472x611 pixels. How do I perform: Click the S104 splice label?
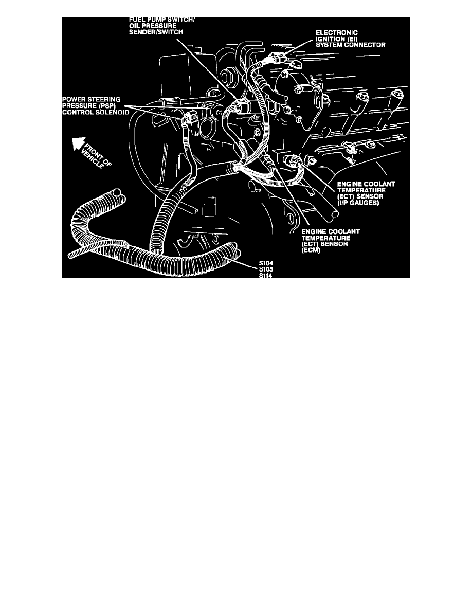coord(265,264)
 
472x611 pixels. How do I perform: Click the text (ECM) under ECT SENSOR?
coord(311,250)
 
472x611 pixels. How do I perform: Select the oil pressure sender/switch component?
coord(241,107)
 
